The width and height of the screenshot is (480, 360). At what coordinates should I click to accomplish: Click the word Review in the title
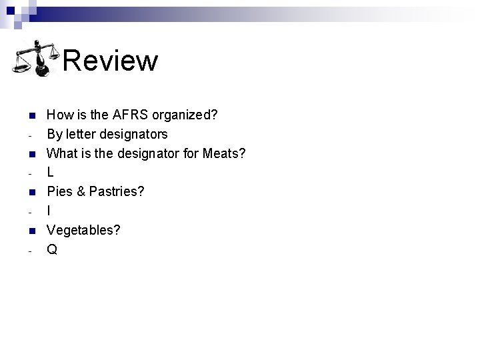pyautogui.click(x=111, y=61)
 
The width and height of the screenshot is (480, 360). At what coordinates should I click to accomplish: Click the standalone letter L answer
pyautogui.click(x=50, y=173)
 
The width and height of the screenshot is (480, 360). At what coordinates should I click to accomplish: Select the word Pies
pyautogui.click(x=59, y=192)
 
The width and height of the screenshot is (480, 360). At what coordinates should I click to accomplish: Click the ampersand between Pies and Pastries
pyautogui.click(x=80, y=192)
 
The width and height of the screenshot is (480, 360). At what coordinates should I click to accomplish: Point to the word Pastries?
pyautogui.click(x=117, y=192)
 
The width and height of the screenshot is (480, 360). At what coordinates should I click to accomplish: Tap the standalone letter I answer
pyautogui.click(x=49, y=211)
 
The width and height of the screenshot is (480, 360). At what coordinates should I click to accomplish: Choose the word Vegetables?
pyautogui.click(x=83, y=231)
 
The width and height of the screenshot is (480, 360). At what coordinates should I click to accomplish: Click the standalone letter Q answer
pyautogui.click(x=51, y=250)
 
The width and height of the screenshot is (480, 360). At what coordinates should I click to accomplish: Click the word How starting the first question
pyautogui.click(x=59, y=115)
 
